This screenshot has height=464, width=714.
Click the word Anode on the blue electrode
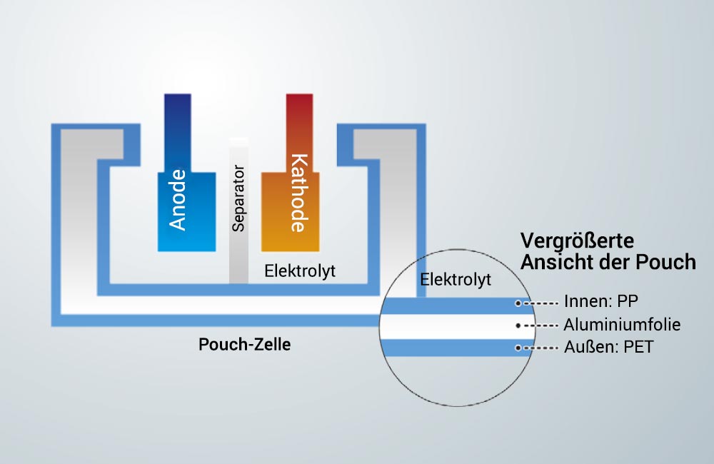(x=178, y=200)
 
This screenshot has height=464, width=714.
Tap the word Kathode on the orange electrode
(x=299, y=193)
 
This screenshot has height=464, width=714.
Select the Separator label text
(x=238, y=198)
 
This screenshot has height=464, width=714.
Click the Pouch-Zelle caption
(x=244, y=344)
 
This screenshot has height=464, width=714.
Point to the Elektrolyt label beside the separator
(x=300, y=271)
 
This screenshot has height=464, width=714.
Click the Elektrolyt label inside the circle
(x=456, y=279)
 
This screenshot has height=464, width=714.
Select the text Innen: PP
(x=601, y=301)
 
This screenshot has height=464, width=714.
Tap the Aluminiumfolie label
(x=622, y=325)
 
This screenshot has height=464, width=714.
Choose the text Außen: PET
(x=609, y=347)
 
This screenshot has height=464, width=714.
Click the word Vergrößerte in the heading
(x=577, y=241)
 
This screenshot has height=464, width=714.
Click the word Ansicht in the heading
(x=551, y=262)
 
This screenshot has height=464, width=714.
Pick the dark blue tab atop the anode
(x=178, y=133)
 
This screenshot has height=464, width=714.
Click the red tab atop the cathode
(x=300, y=133)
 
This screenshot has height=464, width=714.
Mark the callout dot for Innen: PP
(x=518, y=303)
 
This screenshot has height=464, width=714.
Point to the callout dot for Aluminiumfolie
(x=518, y=326)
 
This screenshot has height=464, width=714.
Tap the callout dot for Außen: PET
(x=518, y=348)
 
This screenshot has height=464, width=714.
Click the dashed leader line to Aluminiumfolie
(x=540, y=326)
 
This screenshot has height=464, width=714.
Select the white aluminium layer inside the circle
(x=457, y=326)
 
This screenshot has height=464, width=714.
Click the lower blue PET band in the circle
(x=457, y=348)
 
